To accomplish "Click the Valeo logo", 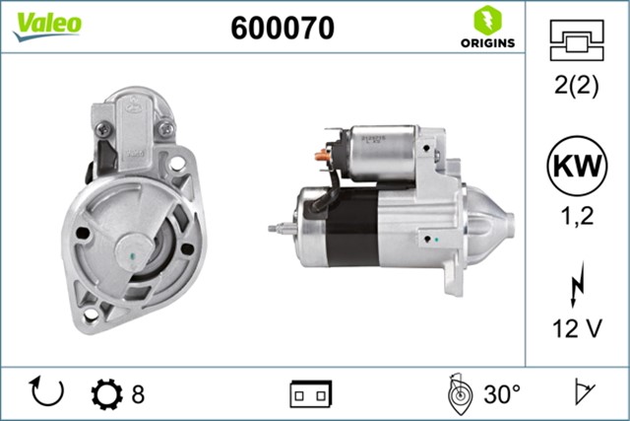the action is (x=47, y=27).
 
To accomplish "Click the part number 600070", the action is (x=283, y=28).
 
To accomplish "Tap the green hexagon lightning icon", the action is (x=488, y=21).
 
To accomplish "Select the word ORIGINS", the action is (x=488, y=43).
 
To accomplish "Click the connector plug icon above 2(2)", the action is (x=577, y=40).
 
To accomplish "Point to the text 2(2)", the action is (x=577, y=85).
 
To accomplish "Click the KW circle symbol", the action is (x=577, y=166).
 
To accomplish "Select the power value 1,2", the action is (x=577, y=216).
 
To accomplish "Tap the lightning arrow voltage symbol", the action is (x=578, y=285).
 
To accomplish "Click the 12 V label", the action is (x=578, y=328).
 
